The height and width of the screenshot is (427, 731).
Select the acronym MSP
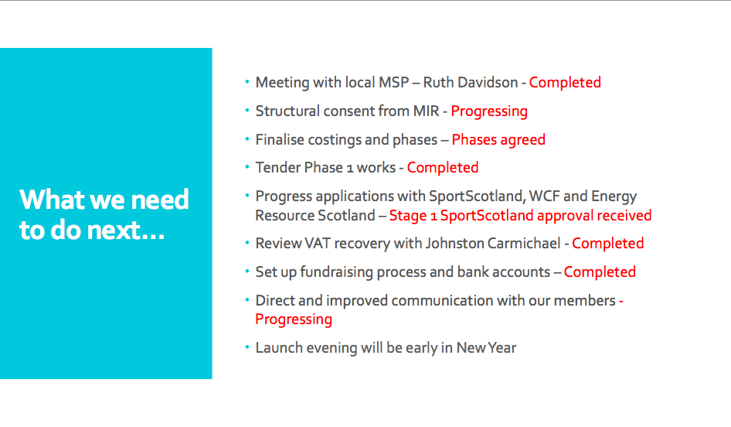[x=394, y=83]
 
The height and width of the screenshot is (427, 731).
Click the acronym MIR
[x=426, y=111]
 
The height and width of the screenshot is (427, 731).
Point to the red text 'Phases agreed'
[x=498, y=140]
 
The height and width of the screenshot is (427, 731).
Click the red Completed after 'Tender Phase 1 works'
[x=443, y=168]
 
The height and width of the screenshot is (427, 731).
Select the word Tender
[x=276, y=168]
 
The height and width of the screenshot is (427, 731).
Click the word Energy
[x=614, y=197]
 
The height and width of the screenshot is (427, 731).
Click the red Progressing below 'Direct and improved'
[x=294, y=319]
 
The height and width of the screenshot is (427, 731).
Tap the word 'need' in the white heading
[x=160, y=200]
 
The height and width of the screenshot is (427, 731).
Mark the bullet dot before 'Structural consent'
[x=247, y=111]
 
